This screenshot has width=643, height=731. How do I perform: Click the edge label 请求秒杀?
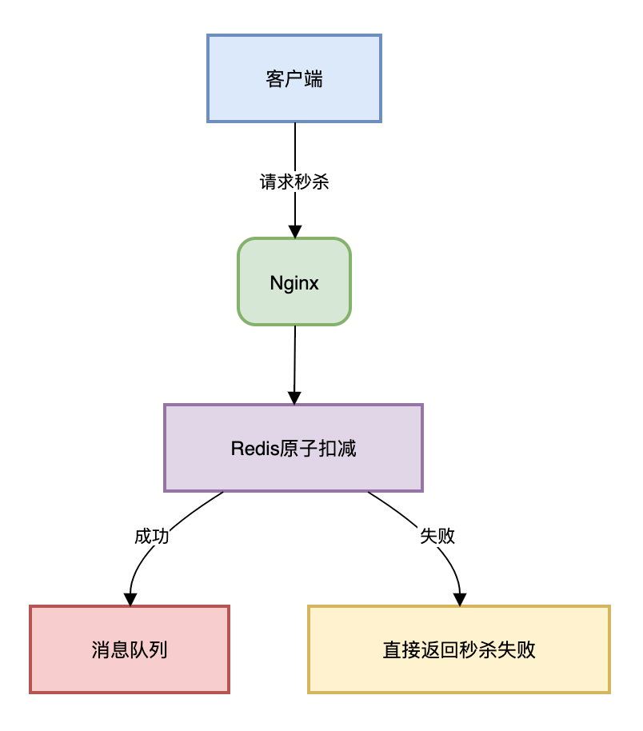[x=294, y=182]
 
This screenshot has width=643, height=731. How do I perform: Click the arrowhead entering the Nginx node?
[x=295, y=231]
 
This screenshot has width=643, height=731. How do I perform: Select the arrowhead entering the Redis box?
[x=294, y=397]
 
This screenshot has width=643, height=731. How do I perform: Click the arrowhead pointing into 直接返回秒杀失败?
[x=460, y=599]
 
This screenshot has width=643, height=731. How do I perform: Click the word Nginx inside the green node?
[x=294, y=283]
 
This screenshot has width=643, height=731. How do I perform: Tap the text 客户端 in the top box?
[x=294, y=79]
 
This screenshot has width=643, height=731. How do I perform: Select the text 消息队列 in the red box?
[x=130, y=649]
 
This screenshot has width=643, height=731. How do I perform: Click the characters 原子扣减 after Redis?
[x=318, y=449]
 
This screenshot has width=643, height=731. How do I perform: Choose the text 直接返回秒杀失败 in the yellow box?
[x=459, y=649]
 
